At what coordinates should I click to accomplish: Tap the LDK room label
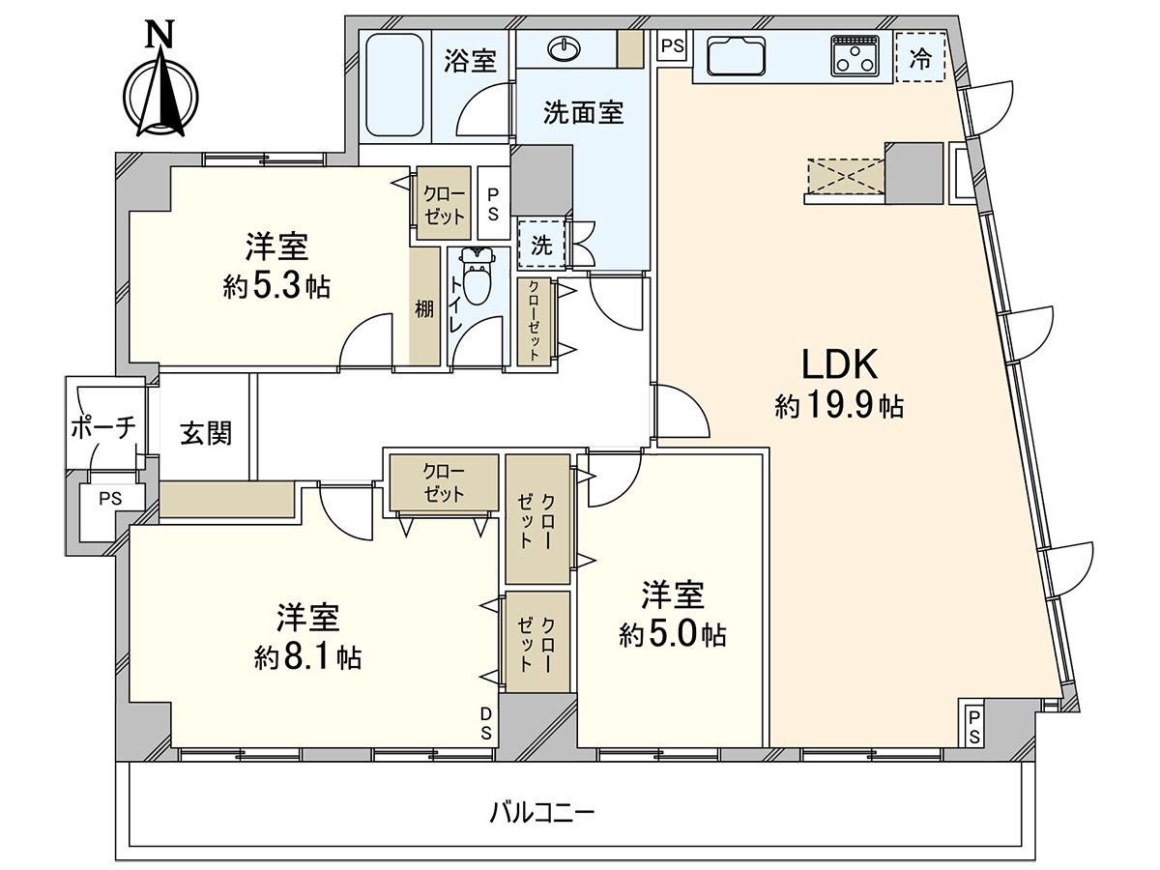click(838, 364)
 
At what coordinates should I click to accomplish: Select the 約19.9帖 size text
click(838, 407)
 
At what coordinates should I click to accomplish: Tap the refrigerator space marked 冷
click(920, 59)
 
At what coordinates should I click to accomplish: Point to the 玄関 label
click(205, 432)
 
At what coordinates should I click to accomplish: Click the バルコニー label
click(541, 811)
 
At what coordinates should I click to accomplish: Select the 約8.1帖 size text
click(308, 658)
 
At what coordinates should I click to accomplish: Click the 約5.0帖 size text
click(673, 634)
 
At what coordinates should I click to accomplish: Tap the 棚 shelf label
click(424, 308)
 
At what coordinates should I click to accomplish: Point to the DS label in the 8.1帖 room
click(487, 722)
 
